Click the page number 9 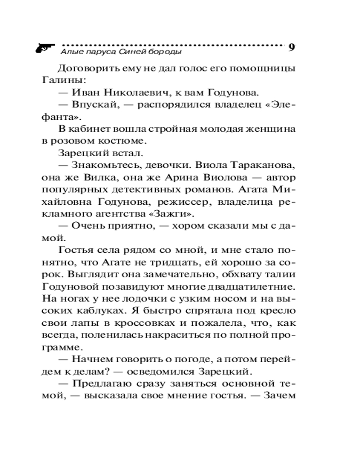pos(292,48)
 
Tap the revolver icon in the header pos(45,47)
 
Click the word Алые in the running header pos(69,52)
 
